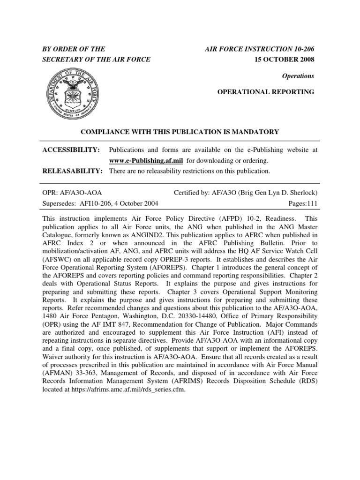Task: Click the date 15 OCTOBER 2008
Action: (x=286, y=60)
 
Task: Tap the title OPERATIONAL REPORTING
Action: (x=265, y=92)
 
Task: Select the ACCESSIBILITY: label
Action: (x=71, y=150)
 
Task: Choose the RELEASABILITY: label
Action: (x=73, y=171)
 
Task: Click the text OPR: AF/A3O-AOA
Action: (x=72, y=193)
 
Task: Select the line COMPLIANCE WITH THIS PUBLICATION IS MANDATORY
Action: (x=180, y=132)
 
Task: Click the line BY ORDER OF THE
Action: (x=74, y=49)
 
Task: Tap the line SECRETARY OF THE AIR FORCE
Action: (x=97, y=60)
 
